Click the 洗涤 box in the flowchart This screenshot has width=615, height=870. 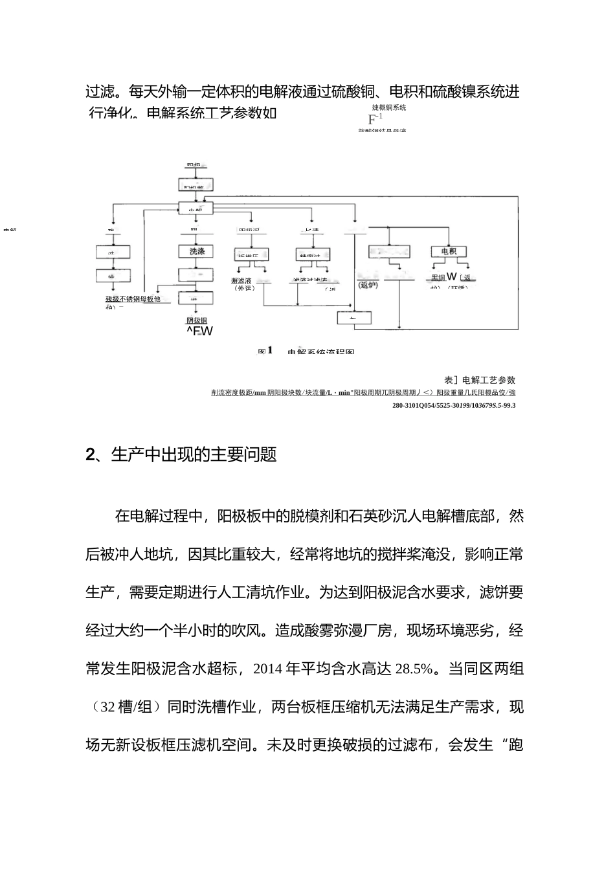coord(197,251)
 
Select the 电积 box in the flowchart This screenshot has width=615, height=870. coord(449,251)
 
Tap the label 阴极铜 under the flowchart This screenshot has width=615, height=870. coord(197,320)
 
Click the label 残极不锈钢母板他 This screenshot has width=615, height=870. coord(133,299)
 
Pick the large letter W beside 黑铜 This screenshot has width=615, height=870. coord(452,278)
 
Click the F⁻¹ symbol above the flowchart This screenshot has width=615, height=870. coord(374,119)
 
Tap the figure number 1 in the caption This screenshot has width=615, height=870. coord(270,350)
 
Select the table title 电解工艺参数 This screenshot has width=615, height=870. coord(484,380)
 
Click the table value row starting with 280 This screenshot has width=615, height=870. coord(454,405)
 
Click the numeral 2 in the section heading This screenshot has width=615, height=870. coord(90,455)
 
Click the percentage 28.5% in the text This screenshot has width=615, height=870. coord(413,669)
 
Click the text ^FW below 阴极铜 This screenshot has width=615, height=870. coord(199,331)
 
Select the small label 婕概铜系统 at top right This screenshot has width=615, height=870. coord(389,107)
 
